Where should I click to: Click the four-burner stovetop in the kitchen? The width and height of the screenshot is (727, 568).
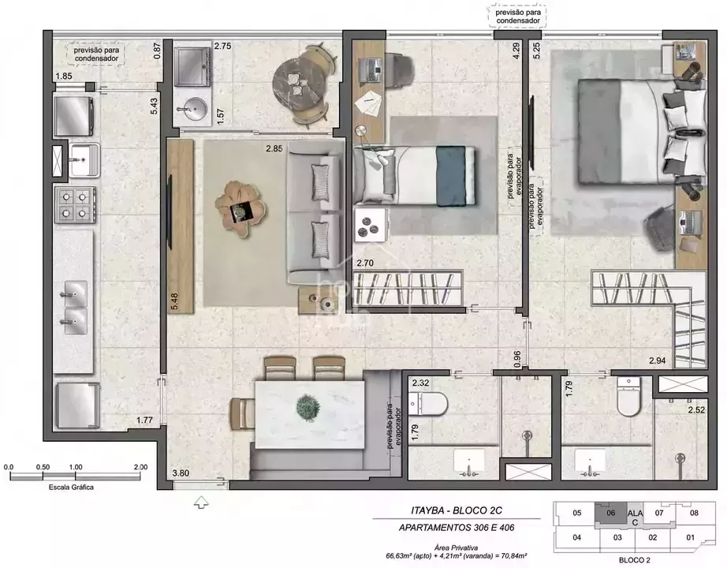[75, 204]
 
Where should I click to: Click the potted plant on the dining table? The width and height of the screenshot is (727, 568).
[308, 407]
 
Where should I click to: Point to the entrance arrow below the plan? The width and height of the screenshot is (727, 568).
[201, 502]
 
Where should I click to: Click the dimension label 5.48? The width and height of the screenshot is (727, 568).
[174, 301]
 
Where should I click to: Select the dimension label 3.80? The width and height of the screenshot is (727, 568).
[181, 473]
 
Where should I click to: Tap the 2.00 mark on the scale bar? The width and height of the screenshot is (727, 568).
[140, 467]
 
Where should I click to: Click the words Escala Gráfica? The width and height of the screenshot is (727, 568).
[71, 488]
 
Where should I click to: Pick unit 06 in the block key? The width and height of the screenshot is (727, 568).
[610, 513]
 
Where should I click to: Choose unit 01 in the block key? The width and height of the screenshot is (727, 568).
[691, 537]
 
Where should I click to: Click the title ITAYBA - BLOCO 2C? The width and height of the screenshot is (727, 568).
[457, 510]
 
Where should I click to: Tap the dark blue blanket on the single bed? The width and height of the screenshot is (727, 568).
[451, 176]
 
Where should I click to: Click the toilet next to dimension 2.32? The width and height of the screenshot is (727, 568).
[428, 403]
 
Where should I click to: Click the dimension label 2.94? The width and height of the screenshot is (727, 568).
[658, 361]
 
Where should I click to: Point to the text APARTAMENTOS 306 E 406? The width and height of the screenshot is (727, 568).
[457, 528]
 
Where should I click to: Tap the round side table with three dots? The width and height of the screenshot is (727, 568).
[370, 225]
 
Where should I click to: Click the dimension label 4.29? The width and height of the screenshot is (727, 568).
[516, 50]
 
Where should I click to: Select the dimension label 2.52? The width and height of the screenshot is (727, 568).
[696, 409]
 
